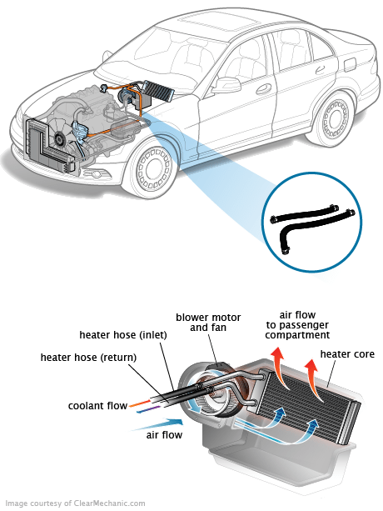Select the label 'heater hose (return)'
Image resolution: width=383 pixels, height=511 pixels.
(89, 358)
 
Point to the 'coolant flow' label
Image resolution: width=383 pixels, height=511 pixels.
(97, 407)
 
